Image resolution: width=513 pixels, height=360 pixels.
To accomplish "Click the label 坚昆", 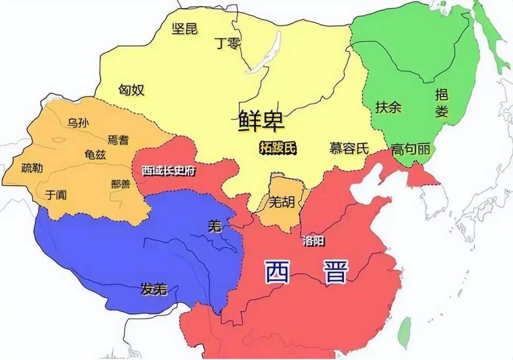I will point(184,28).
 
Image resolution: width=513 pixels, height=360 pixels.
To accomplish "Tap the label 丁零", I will point(227,43).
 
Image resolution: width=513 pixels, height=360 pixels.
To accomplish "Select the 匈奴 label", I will point(131,89).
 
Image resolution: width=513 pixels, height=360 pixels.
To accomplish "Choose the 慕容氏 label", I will point(349,148).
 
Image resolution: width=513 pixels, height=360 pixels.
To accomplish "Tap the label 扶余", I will point(388,107).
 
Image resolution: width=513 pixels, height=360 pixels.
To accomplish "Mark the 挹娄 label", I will point(441,102).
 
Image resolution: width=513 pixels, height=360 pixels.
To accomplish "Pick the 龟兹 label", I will point(95,154).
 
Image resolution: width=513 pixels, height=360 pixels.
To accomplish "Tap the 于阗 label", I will point(56,193).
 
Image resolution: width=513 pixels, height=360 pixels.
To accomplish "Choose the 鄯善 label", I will point(120,183).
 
